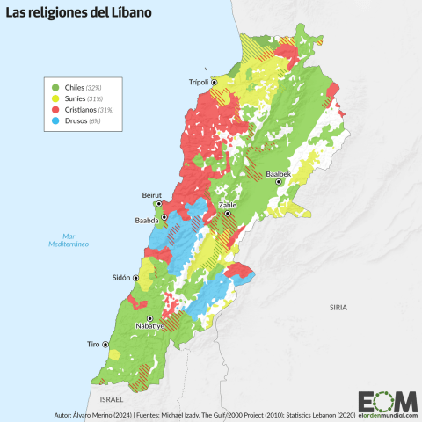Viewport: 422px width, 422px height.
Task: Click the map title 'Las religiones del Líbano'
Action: pos(79,15)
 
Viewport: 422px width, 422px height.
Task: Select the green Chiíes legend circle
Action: pos(56,87)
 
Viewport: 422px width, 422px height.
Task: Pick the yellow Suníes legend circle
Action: pos(56,98)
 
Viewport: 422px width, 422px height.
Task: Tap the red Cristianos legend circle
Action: pos(56,110)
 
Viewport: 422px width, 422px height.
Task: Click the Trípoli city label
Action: pos(198,83)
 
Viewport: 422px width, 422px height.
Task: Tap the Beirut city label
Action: pos(152,194)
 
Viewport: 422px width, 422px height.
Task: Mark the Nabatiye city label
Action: pos(149,326)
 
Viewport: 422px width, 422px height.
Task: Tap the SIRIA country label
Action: pos(338,307)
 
